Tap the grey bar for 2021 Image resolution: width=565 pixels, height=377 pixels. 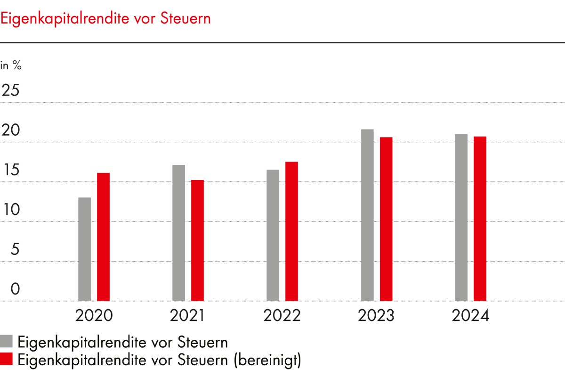[x=179, y=233]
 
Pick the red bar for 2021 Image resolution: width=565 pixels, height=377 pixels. [x=197, y=240]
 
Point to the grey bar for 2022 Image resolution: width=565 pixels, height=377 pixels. [x=273, y=235]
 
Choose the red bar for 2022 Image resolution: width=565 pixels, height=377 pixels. [x=291, y=231]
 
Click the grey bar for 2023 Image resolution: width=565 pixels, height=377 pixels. [x=367, y=215]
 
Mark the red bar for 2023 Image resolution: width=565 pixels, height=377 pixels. [x=386, y=219]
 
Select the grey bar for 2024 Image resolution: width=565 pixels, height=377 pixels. [x=461, y=217]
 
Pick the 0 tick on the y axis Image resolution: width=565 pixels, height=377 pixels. [x=16, y=289]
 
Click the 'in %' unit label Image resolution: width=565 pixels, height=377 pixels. [x=11, y=66]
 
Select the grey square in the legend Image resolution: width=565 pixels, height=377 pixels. [x=7, y=342]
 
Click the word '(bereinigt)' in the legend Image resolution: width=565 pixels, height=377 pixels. [x=266, y=360]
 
